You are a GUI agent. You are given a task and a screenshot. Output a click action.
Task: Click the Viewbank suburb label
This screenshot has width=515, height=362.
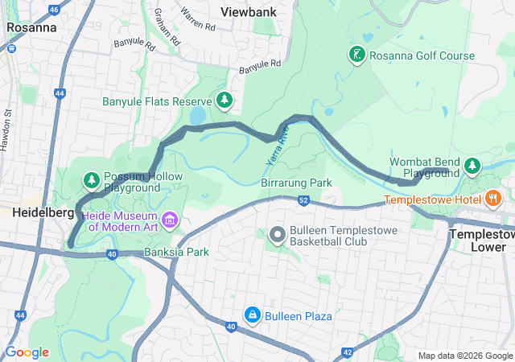point(249,12)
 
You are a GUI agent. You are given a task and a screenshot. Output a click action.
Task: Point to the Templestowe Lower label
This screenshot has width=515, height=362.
point(481,240)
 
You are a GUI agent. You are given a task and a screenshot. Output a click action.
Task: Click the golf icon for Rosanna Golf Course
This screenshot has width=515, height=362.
point(356,56)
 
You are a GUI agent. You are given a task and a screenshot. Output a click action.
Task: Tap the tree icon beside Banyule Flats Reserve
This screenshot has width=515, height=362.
point(225,101)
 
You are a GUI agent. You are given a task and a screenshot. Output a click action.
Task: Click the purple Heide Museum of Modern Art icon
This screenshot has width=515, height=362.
point(170,220)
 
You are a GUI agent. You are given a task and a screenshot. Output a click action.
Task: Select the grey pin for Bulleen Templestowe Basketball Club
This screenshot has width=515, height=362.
point(278,235)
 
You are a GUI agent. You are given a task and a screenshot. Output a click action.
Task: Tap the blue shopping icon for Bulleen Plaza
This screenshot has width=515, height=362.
point(253,315)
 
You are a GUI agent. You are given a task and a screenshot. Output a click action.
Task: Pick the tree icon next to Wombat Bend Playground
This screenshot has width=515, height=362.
point(472,167)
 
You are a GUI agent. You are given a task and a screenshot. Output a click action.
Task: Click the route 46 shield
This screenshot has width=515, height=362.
point(54,10)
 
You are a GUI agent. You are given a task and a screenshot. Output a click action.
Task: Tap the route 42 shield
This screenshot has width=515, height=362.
point(347,352)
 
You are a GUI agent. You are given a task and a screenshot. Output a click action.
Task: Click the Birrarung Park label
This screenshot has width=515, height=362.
point(296,183)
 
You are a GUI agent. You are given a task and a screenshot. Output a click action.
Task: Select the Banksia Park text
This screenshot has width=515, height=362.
point(176,252)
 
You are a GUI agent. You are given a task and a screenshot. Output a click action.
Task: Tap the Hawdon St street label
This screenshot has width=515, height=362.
point(10,132)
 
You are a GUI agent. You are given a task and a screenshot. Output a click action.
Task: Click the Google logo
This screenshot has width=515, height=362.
point(27,352)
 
